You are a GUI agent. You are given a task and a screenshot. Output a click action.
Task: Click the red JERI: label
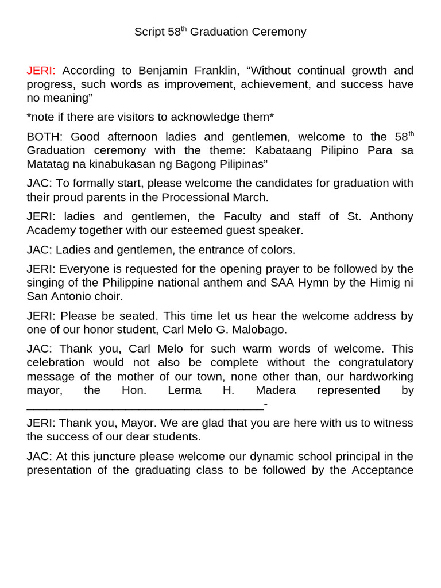41,71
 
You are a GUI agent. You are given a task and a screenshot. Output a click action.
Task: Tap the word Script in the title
149,32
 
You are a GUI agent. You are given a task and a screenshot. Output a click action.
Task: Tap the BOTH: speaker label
45,137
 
